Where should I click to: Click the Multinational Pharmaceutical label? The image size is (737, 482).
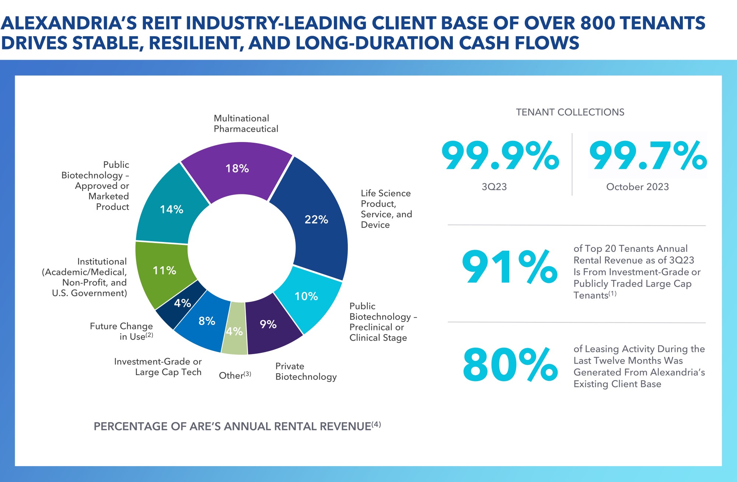[x=246, y=124]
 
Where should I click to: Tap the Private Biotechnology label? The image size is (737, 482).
[x=306, y=371]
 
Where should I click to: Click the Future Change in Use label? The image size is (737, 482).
[x=122, y=331]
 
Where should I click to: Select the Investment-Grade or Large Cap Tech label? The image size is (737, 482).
[x=158, y=367]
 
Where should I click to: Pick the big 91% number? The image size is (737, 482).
[x=510, y=267]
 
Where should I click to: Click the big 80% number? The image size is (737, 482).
[x=510, y=364]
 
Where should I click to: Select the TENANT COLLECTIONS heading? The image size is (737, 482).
[x=570, y=112]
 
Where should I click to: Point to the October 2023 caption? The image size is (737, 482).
[x=638, y=187]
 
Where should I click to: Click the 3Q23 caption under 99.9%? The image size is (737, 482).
[x=494, y=187]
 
